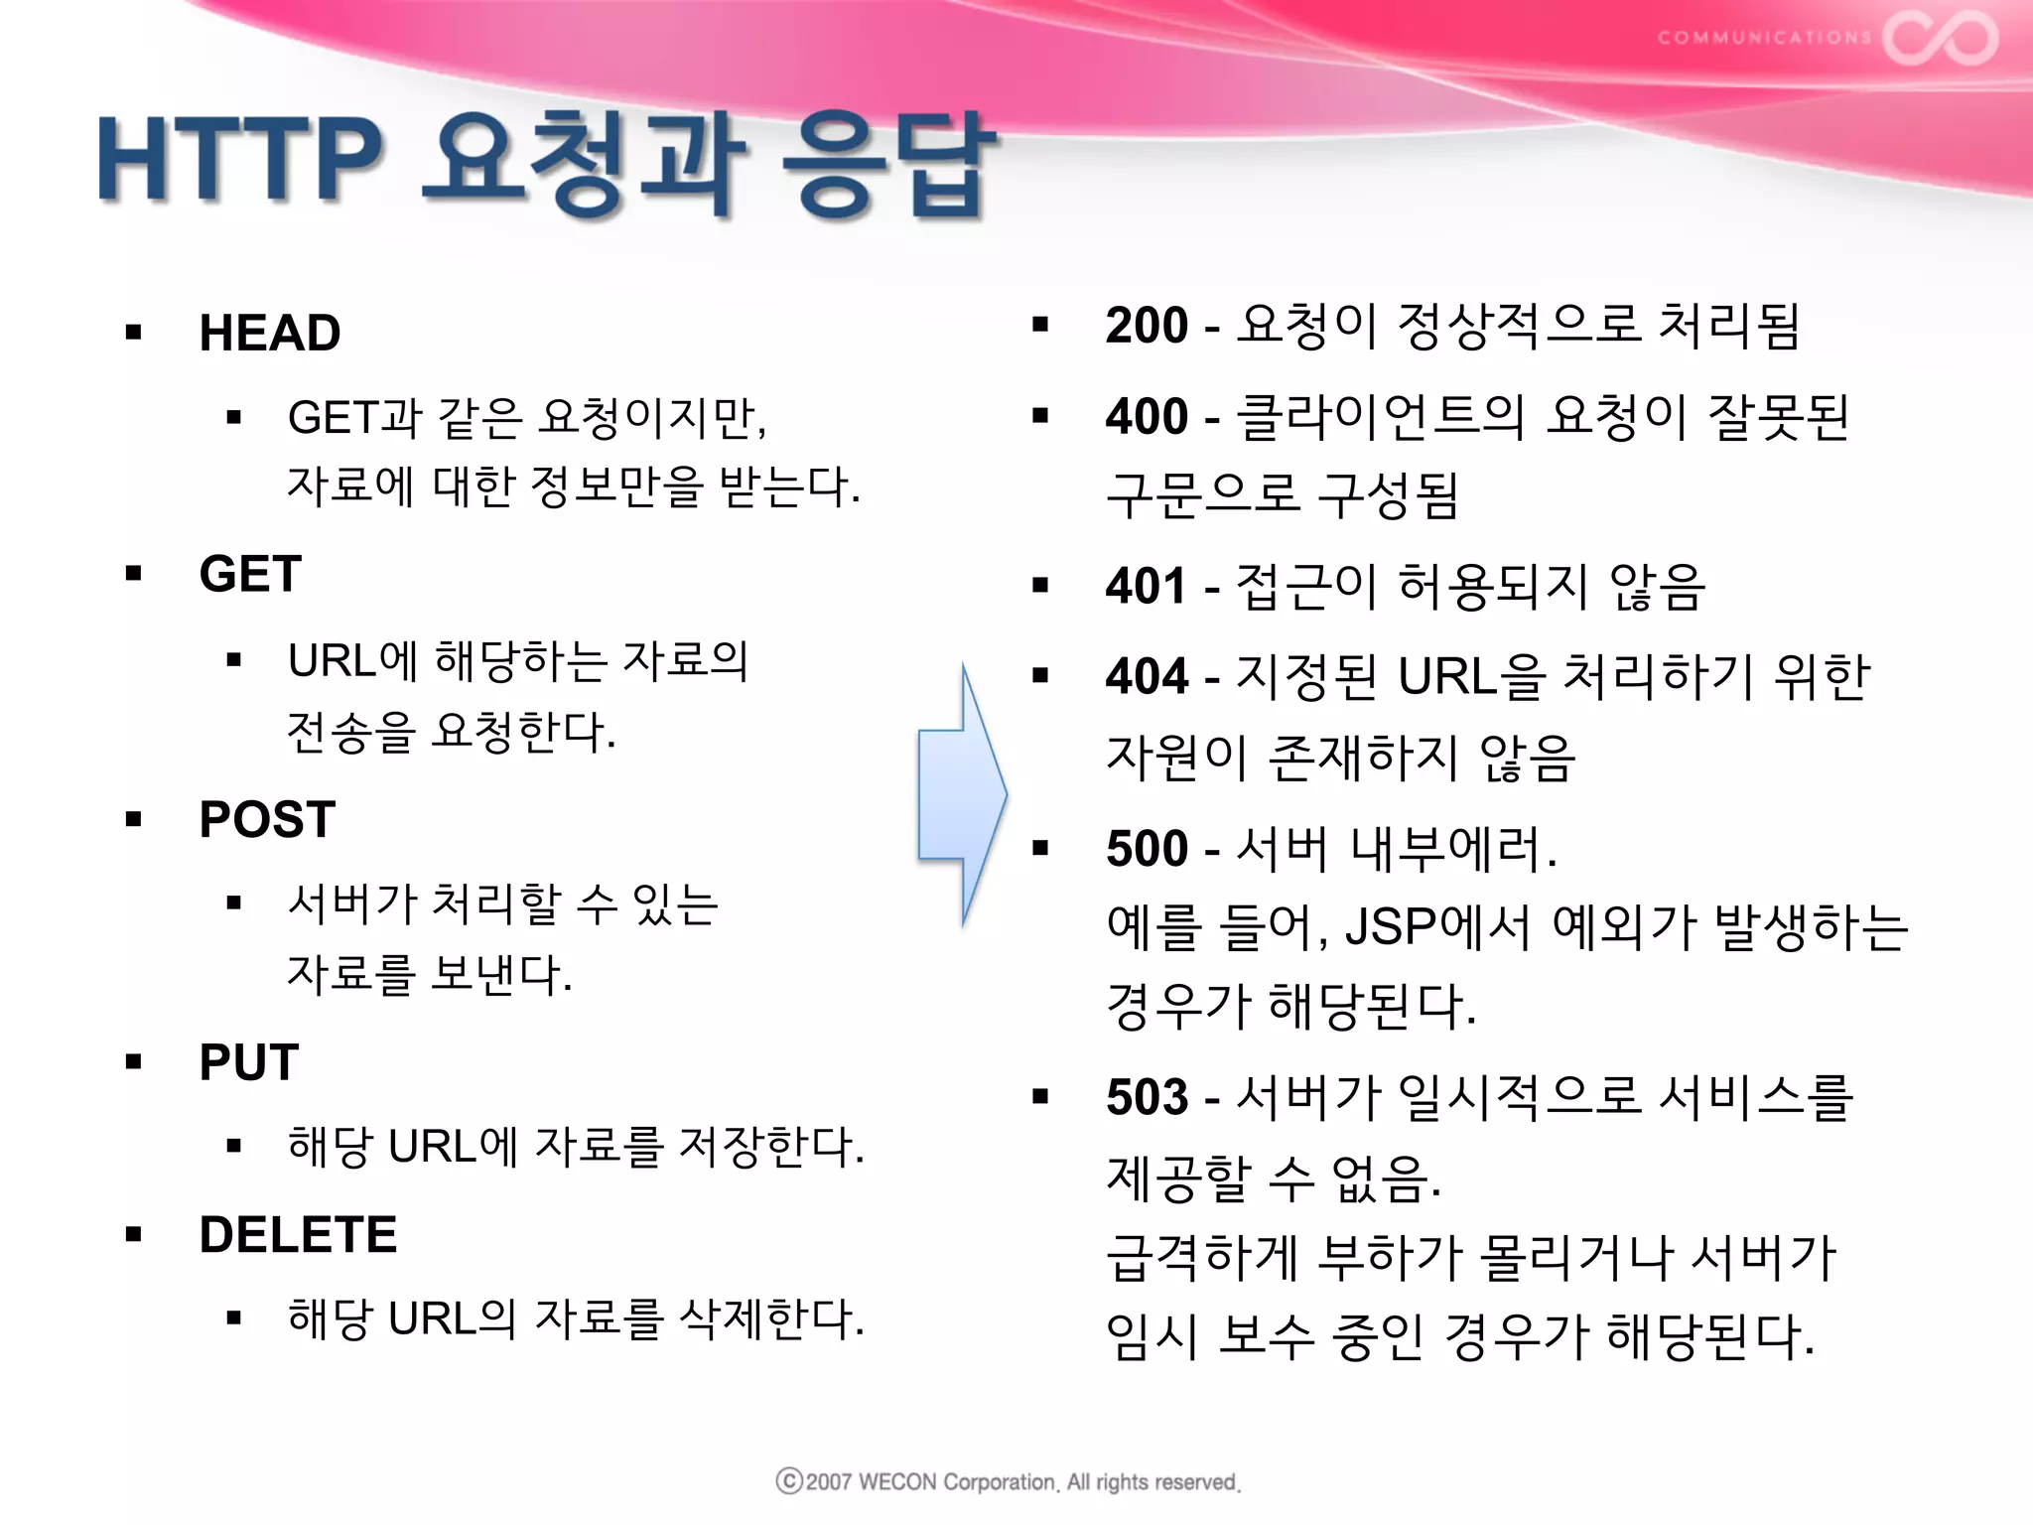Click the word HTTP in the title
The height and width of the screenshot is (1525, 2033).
coord(238,159)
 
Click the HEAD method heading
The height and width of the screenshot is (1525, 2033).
coord(269,333)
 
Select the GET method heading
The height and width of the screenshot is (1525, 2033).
coord(250,574)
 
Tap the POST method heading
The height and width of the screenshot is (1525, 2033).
coord(267,819)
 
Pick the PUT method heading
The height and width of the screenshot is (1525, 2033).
coord(248,1062)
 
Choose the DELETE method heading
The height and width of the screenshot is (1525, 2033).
coord(298,1235)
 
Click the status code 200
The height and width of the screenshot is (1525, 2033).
coord(1147,326)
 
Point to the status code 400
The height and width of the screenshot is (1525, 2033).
coord(1147,416)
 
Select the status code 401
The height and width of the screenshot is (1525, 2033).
coord(1147,586)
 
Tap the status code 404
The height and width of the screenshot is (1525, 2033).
coord(1147,676)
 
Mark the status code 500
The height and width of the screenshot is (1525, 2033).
coord(1147,849)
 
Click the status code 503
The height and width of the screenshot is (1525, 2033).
coord(1147,1097)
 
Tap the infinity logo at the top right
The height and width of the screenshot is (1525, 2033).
coord(1940,38)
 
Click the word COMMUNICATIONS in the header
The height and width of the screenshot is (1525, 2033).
coord(1764,38)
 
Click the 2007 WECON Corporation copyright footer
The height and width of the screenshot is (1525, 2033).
coord(1008,1481)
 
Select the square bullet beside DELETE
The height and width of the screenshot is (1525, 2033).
coord(134,1235)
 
